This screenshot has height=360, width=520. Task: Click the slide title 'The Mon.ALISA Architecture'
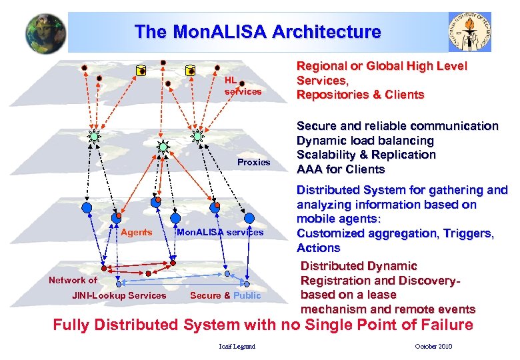click(257, 31)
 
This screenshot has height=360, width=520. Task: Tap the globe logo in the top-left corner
click(46, 33)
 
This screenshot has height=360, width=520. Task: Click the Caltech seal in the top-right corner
click(469, 32)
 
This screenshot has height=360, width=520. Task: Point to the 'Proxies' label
click(254, 162)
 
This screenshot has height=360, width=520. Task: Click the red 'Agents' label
click(136, 233)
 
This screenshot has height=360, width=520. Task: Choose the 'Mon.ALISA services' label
click(219, 233)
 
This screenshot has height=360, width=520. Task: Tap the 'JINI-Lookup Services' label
click(119, 295)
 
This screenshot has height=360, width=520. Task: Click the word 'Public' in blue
click(247, 295)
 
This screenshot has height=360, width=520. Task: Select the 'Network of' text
click(73, 280)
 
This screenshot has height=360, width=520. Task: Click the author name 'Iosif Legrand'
click(237, 346)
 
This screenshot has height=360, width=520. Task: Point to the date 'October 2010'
click(433, 346)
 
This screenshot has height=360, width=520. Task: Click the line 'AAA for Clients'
click(340, 169)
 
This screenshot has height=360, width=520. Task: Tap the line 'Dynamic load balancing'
click(365, 141)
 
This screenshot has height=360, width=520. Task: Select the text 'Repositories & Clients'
click(360, 95)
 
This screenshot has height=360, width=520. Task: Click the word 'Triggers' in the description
click(469, 233)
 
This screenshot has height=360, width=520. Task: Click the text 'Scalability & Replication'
click(366, 155)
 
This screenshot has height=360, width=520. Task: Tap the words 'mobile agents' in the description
click(337, 219)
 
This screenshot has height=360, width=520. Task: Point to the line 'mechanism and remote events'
click(388, 309)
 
